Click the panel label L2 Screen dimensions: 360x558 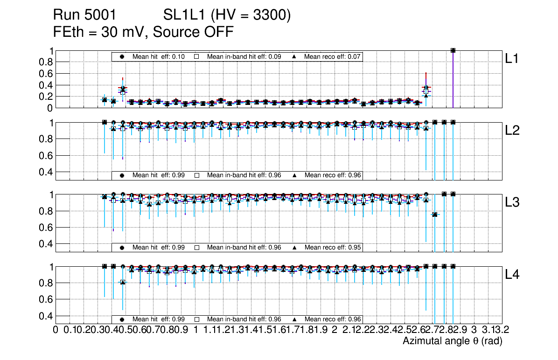tap(513, 131)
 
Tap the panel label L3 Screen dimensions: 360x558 tap(513, 202)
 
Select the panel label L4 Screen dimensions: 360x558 tap(513, 275)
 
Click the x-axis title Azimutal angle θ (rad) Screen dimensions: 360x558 tap(452, 341)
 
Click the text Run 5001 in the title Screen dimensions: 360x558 tap(84, 16)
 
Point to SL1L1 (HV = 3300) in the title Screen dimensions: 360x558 tap(227, 16)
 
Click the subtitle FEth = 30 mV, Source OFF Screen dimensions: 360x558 tap(143, 32)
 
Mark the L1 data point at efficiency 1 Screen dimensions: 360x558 tap(453, 50)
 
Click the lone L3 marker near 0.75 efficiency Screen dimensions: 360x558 tap(435, 215)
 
